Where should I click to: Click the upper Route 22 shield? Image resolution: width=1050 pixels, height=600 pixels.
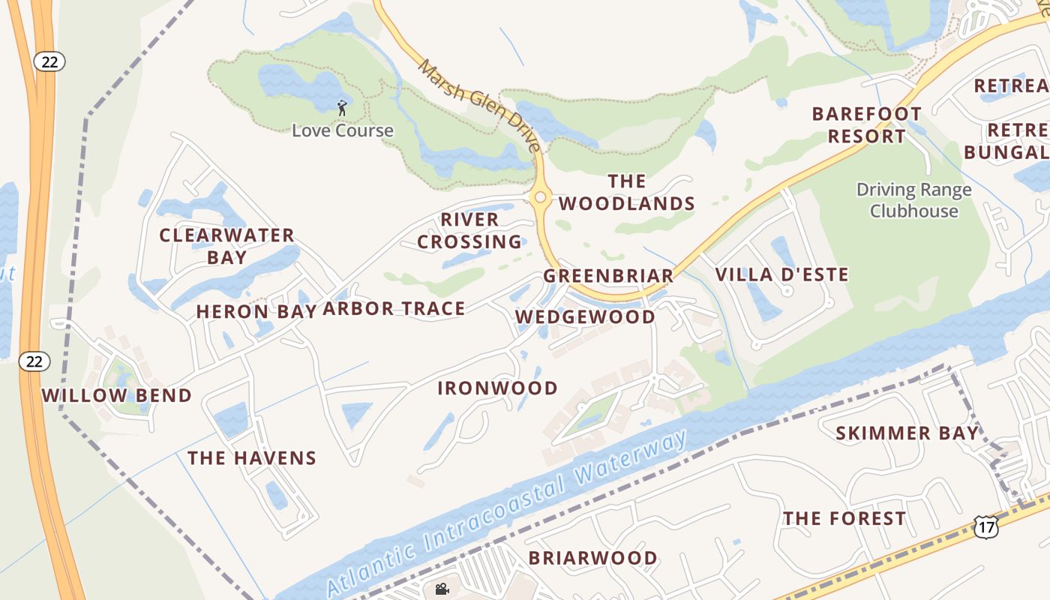49,62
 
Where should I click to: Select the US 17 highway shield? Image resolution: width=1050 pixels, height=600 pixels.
986,527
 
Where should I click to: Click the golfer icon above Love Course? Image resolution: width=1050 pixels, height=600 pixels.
342,108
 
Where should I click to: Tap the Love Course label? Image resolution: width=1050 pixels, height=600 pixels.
342,130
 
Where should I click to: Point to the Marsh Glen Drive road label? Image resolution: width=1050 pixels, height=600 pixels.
480,105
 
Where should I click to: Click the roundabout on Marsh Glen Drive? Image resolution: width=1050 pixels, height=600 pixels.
540,197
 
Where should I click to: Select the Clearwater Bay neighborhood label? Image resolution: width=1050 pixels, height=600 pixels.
226,246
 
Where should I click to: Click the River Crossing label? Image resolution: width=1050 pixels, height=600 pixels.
469,230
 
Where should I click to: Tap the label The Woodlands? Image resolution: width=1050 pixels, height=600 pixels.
627,193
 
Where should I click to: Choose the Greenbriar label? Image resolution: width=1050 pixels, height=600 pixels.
609,276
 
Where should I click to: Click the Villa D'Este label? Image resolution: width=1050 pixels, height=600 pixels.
781,274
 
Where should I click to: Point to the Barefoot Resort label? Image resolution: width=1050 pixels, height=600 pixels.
867,125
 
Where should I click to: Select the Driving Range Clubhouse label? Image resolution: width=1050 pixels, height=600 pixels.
913,200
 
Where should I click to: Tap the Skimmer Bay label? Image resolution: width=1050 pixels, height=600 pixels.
907,433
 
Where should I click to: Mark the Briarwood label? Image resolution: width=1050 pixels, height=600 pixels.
592,558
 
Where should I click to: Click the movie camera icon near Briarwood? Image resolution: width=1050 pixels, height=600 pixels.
442,589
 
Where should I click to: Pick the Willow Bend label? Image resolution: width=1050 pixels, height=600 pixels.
116,395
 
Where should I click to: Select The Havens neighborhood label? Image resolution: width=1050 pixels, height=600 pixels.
252,457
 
